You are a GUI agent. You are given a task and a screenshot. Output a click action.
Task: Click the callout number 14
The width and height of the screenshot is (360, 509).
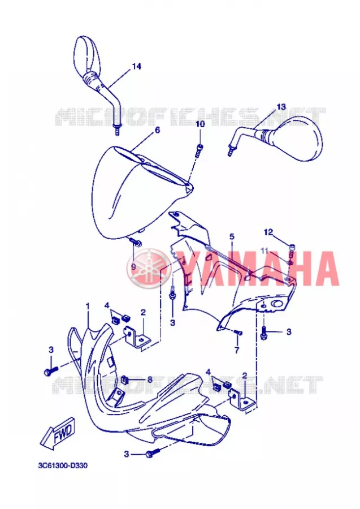click(137, 66)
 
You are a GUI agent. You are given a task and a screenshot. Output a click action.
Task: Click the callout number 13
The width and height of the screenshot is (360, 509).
click(281, 106)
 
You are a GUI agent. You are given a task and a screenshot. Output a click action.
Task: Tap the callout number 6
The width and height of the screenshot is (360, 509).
click(157, 130)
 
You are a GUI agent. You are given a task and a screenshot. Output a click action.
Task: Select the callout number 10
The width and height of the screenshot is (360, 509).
click(200, 124)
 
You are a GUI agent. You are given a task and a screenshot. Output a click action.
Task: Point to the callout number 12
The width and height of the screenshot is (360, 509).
click(268, 232)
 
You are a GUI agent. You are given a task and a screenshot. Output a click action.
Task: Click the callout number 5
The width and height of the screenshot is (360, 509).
click(232, 236)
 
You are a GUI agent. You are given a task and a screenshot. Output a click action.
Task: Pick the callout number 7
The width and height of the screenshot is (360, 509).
click(237, 350)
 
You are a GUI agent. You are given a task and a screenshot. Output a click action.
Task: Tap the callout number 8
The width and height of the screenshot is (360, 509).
click(150, 379)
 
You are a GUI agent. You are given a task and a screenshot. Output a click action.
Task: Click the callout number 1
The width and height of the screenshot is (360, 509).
click(87, 306)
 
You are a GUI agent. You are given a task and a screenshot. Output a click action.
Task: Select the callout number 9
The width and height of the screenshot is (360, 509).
click(133, 267)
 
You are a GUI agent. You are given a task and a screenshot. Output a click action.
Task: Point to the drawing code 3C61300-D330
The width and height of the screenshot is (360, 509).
click(63, 466)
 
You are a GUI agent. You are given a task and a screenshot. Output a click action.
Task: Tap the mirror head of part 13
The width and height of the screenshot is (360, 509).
click(298, 139)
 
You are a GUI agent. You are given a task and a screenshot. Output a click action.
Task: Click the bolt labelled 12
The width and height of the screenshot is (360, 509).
click(291, 248)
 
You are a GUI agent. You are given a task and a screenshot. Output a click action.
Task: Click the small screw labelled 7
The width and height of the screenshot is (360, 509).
click(238, 333)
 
